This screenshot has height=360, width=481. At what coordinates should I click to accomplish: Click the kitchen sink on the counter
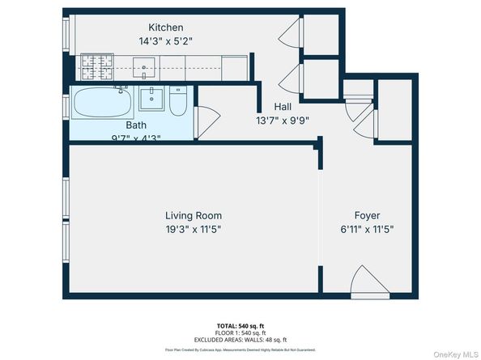pyautogui.click(x=148, y=65)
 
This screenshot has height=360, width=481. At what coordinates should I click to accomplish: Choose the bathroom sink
pyautogui.click(x=151, y=100)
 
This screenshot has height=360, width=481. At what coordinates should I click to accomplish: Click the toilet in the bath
pyautogui.click(x=180, y=103)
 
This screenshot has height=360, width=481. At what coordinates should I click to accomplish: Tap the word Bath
pyautogui.click(x=136, y=125)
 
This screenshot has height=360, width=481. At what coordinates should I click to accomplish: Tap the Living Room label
pyautogui.click(x=193, y=216)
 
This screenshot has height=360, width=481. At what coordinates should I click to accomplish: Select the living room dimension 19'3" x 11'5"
pyautogui.click(x=193, y=229)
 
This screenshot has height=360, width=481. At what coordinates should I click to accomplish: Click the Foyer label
pyautogui.click(x=368, y=216)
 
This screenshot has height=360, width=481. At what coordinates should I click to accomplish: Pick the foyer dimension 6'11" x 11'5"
pyautogui.click(x=368, y=229)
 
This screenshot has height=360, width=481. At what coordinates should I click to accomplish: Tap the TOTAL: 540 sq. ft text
pyautogui.click(x=240, y=324)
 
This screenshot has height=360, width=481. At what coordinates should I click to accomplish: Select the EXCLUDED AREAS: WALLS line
pyautogui.click(x=240, y=339)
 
